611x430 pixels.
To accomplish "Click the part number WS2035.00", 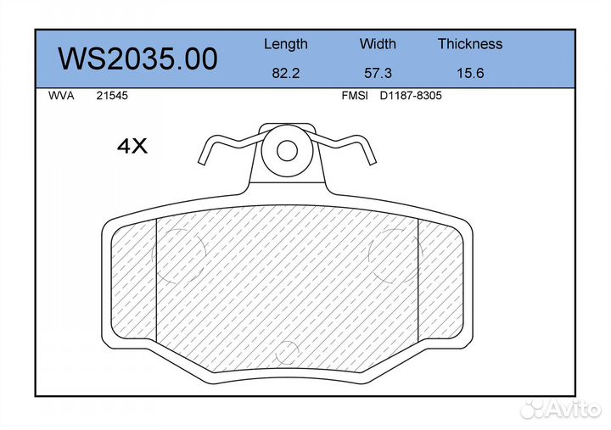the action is pos(138,59).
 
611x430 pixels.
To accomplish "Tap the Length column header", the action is pos(286,44).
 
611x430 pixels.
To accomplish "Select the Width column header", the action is pos(378,43).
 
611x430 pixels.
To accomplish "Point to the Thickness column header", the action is pos(470,43).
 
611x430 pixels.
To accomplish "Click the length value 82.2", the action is pos(286,73).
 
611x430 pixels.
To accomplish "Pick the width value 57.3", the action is pos(378,73).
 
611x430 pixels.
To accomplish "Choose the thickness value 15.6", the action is pos(470,73).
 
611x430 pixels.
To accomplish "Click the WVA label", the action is pos(61,96).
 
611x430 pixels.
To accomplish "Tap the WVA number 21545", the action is pos(112,96).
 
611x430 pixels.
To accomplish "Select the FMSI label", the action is pos(355,96).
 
